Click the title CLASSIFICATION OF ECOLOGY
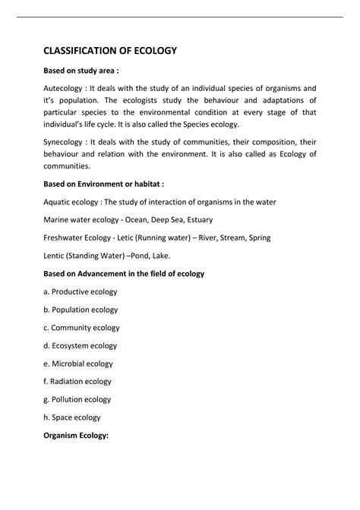[x=109, y=51]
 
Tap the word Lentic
[x=55, y=255]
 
